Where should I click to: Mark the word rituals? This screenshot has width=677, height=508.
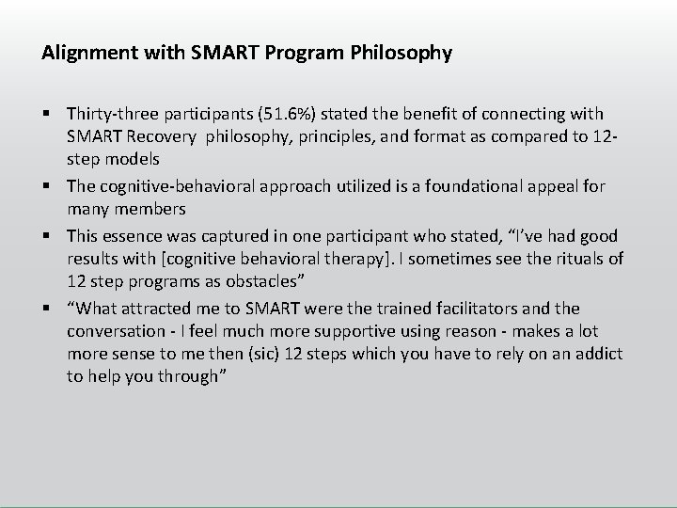pos(574,258)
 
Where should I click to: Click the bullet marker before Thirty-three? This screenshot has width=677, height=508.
pos(46,115)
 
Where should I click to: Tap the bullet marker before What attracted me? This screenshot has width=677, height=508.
pos(46,309)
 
